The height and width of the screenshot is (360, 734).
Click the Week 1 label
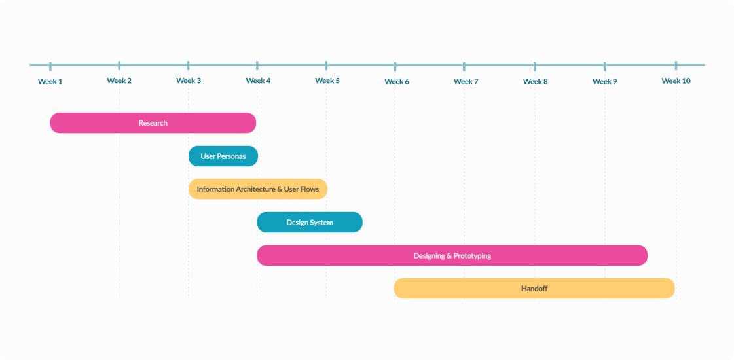[50, 81]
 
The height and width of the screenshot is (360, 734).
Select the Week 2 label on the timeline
[119, 81]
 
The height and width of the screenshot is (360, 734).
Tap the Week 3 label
[189, 81]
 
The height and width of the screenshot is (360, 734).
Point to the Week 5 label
[327, 81]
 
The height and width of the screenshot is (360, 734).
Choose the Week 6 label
[397, 81]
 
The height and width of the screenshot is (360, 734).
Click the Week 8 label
[536, 81]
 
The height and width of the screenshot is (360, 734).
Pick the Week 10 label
[676, 81]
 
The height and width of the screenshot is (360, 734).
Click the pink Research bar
[153, 123]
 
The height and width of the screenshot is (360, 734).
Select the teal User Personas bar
[223, 156]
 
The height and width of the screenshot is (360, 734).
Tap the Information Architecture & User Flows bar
[258, 189]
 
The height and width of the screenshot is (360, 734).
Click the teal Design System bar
[310, 223]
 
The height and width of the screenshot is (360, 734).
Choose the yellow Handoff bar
[534, 288]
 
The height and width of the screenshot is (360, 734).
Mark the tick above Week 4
[257, 65]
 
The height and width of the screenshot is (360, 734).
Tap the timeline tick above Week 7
[464, 66]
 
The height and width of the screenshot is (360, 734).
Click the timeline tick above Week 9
[604, 66]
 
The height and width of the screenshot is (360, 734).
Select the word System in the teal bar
[321, 223]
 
